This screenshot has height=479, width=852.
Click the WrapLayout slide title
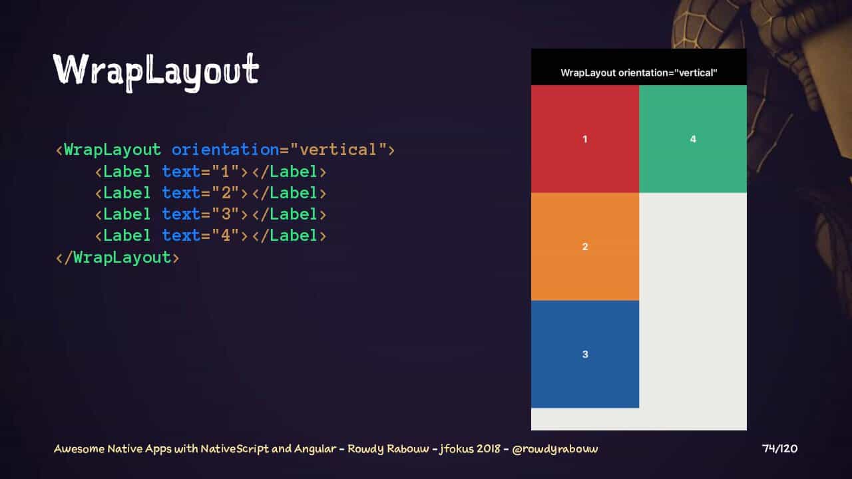point(156,71)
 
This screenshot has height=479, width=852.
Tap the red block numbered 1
point(585,139)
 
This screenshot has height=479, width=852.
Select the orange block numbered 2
point(585,247)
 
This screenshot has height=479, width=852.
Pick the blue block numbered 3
point(585,355)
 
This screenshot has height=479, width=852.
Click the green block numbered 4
point(693,139)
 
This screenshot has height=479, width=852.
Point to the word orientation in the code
point(225,150)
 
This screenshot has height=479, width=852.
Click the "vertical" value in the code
point(338,150)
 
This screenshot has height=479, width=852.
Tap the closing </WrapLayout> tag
point(118,257)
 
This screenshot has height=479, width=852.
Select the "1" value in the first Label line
point(225,172)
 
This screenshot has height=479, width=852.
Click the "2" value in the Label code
point(225,193)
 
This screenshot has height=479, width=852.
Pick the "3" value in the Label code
point(225,214)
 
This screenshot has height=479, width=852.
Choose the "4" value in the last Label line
point(225,236)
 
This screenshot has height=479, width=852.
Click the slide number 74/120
point(779,449)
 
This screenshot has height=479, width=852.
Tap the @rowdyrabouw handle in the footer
point(555,449)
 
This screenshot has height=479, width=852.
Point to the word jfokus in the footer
point(456,449)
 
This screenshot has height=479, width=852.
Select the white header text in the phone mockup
point(639,73)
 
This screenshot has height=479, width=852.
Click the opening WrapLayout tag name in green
point(112,150)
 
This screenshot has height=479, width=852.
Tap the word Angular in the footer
point(315,449)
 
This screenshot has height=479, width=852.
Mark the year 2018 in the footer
point(489,449)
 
